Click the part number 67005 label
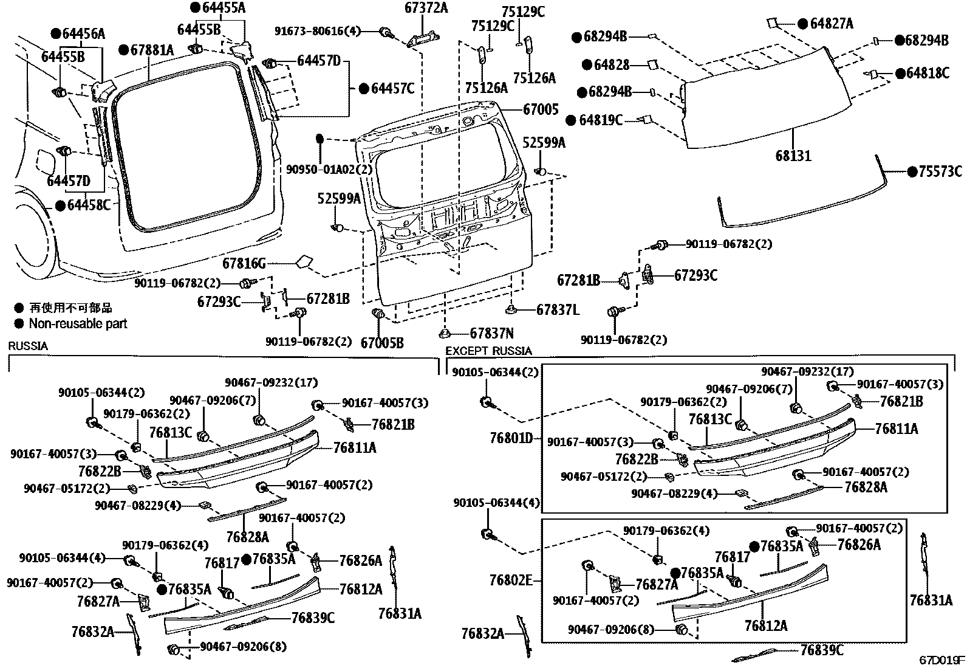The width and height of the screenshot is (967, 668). [541, 109]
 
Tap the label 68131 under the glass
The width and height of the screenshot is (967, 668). [793, 156]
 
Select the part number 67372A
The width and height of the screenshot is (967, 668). [426, 7]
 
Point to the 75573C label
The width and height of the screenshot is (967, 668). [940, 171]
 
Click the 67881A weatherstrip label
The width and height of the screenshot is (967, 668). [152, 50]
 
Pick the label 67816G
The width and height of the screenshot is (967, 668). [244, 263]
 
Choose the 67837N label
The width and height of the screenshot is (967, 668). [492, 333]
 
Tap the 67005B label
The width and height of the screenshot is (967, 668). [382, 343]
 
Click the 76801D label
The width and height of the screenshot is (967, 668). [511, 438]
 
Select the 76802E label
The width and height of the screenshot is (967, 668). [511, 580]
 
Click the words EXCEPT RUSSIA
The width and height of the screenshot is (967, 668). [489, 351]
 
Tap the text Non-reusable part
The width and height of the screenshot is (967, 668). [78, 323]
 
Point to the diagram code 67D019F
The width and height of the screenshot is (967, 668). [942, 659]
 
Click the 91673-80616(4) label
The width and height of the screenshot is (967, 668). [317, 31]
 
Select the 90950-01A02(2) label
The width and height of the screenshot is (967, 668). [329, 170]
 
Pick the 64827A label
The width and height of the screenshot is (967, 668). [832, 23]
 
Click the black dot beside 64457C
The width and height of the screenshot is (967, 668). [364, 89]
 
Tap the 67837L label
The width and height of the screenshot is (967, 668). [558, 309]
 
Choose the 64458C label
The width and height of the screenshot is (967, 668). [89, 205]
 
